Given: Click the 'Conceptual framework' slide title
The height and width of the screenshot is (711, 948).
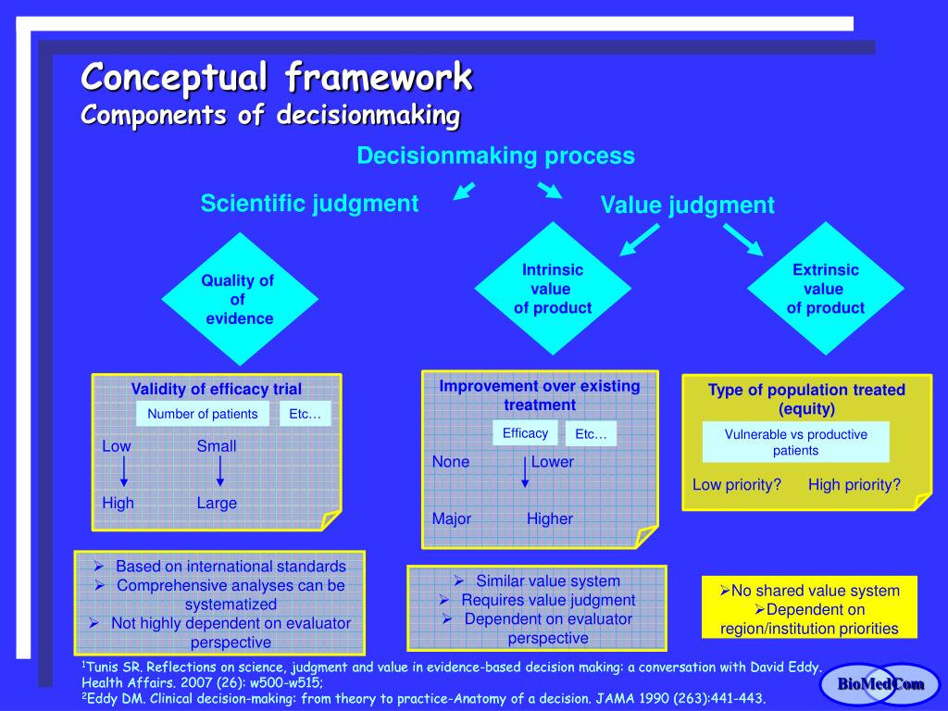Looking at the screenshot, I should coord(277,78).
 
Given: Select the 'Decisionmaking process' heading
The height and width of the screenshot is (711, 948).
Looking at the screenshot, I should coord(496,156).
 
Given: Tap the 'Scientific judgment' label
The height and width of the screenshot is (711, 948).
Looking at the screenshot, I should coord(309,204).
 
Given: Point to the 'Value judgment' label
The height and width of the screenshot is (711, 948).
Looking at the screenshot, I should coord(687,206).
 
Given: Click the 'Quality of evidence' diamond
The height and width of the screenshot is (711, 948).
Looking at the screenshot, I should coord(239,299).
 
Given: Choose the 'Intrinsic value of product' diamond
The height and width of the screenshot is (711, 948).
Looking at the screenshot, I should coord(553,289).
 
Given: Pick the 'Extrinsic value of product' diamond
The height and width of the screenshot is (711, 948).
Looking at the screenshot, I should coord(825,289).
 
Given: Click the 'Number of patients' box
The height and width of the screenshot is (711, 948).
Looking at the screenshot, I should coord(203,414).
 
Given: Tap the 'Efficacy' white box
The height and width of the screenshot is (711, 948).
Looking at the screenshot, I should coord(525,433).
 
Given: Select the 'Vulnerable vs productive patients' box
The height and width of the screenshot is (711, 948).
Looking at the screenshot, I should coord(795,443).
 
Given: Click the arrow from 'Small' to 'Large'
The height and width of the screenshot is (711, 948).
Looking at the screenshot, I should coord(219,472).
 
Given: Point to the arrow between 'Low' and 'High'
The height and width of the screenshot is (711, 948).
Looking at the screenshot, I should coord(124,472).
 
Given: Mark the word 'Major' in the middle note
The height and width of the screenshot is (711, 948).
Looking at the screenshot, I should coord(452,518).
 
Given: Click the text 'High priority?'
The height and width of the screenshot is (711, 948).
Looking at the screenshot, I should coord(854,484).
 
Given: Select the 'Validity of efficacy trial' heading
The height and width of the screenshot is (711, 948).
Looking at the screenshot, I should coord(216,389).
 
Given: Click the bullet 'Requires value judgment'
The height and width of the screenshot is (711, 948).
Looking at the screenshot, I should coord(548,600).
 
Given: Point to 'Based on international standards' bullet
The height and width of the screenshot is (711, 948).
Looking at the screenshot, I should coord(231,566).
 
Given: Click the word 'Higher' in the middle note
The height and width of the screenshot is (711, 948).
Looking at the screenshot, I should coord(550,518).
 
